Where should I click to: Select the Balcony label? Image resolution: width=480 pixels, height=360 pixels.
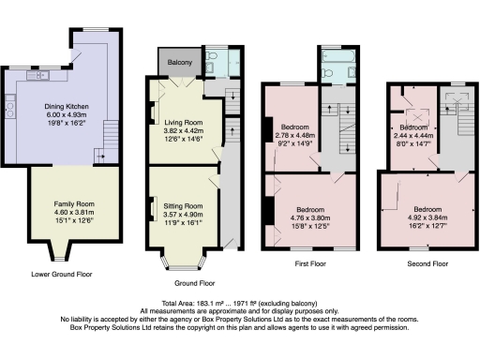tap(180, 63)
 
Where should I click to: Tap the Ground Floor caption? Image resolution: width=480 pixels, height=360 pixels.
tap(195, 282)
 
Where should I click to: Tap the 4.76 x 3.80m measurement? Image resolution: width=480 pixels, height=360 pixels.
tap(312, 217)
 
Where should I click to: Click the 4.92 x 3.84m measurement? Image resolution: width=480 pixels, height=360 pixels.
tap(427, 217)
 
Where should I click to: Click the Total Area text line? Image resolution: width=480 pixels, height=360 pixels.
tap(240, 304)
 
